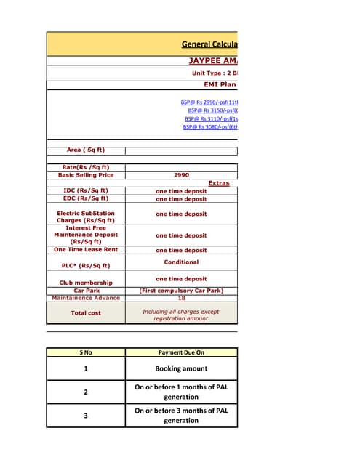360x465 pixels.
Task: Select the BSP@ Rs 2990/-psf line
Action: [x=209, y=102]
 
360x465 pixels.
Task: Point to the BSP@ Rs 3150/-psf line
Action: [x=213, y=110]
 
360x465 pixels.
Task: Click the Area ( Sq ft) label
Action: [x=86, y=150]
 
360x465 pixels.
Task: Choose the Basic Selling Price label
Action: [x=86, y=175]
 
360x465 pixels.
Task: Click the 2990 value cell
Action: [x=181, y=175]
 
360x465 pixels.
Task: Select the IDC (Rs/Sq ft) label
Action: [x=86, y=191]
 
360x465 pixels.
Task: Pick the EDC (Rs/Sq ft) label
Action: [x=86, y=198]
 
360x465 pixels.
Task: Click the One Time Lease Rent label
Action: [x=86, y=249]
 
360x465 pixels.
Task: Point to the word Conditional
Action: [x=181, y=262]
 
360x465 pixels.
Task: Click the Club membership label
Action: [x=86, y=283]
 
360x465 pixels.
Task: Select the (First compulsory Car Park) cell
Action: [x=181, y=291]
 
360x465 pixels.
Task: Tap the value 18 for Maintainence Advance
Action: [x=181, y=298]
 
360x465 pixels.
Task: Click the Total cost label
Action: [x=86, y=313]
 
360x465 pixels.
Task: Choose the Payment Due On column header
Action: [x=181, y=352]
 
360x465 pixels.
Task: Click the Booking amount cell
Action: [x=181, y=368]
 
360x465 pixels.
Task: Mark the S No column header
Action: [x=86, y=352]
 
